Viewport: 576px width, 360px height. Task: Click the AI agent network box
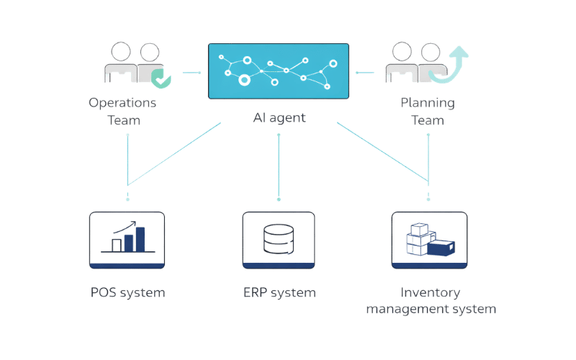279,71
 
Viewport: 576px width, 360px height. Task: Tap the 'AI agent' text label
279,117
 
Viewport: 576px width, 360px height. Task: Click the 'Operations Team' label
123,112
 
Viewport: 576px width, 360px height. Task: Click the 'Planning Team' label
428,112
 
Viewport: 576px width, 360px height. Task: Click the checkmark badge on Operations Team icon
164,81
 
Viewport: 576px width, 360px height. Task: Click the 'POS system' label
128,293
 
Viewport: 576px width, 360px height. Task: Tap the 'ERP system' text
279,293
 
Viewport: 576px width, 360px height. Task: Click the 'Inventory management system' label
431,301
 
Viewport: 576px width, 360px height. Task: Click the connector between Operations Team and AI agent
192,72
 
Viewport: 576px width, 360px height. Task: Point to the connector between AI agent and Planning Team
366,72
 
